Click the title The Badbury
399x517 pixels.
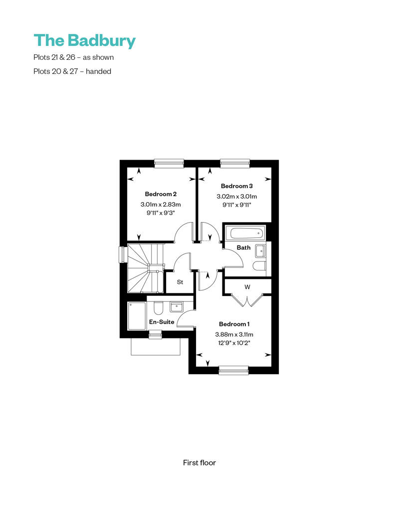pos(84,40)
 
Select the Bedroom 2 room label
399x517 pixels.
pos(161,194)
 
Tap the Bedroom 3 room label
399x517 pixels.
pos(236,186)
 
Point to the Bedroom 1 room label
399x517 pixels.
pos(234,324)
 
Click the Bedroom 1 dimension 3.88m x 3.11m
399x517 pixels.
pos(234,334)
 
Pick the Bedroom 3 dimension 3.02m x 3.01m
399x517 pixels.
pos(236,197)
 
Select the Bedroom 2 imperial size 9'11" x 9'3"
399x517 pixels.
pos(161,213)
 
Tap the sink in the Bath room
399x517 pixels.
pos(260,251)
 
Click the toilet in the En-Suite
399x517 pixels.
pos(158,308)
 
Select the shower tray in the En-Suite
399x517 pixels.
pos(137,315)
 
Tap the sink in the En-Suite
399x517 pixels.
pos(176,307)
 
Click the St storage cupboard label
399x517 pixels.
pos(180,282)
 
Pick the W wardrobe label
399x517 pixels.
pos(247,287)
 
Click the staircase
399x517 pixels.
pos(146,268)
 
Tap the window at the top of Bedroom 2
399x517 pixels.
pos(169,163)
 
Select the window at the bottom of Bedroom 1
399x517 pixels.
pos(233,370)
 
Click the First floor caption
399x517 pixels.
pos(199,463)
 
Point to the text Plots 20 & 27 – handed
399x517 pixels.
pos(72,71)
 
